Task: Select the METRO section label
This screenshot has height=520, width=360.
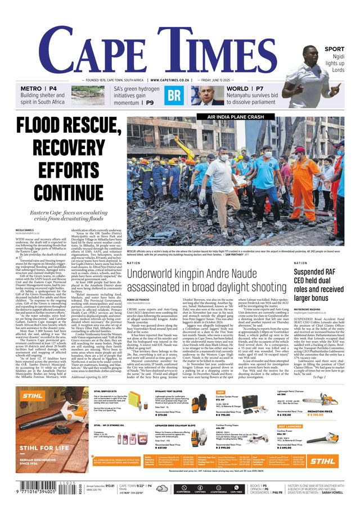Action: [31, 89]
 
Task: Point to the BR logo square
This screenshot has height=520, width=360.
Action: [174, 95]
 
